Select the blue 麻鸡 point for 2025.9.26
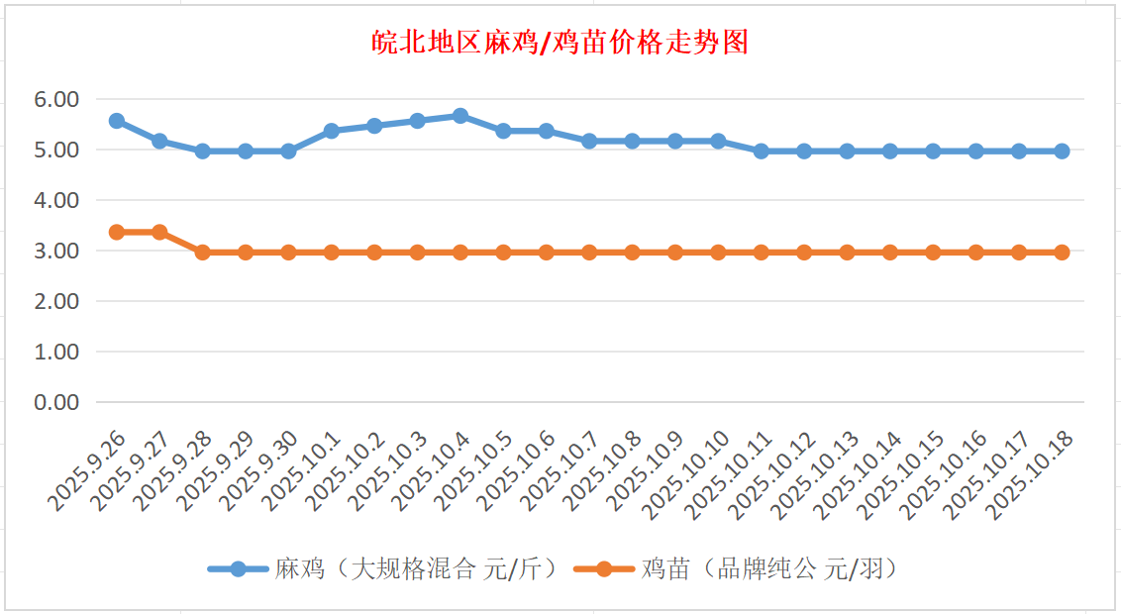click(x=116, y=121)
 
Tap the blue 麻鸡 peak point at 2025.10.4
click(x=460, y=116)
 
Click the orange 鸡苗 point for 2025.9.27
click(x=159, y=232)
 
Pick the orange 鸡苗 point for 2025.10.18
click(x=1062, y=253)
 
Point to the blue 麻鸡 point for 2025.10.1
click(x=332, y=131)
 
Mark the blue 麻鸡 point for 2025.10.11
click(x=761, y=152)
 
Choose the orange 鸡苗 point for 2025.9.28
click(x=202, y=253)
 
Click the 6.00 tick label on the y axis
click(x=55, y=99)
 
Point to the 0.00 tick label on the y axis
click(x=55, y=402)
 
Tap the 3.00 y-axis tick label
click(x=55, y=251)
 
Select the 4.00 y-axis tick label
click(x=55, y=200)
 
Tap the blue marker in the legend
click(x=238, y=569)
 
